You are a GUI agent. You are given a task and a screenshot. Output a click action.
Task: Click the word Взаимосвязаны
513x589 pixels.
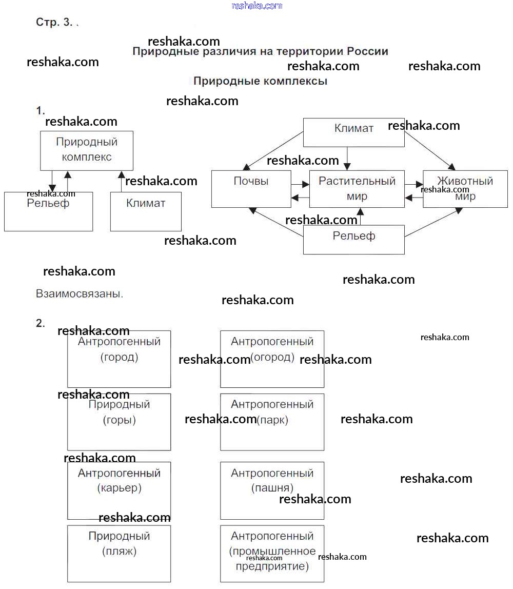(x=80, y=294)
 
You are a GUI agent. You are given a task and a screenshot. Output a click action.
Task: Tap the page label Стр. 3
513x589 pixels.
(x=54, y=22)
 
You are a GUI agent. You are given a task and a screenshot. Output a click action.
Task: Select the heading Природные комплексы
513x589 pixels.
(x=260, y=81)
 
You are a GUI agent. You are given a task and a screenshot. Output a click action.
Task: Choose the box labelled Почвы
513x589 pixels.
(x=251, y=188)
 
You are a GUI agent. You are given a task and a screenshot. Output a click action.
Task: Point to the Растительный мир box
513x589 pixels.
(x=357, y=188)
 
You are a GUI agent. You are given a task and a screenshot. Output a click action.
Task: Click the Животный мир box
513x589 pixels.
(x=465, y=188)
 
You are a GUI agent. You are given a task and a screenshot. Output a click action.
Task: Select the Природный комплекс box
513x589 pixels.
(x=86, y=150)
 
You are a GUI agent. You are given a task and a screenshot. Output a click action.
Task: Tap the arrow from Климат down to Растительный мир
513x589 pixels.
(x=348, y=158)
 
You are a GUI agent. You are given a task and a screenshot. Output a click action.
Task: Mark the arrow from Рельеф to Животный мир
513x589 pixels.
(x=431, y=223)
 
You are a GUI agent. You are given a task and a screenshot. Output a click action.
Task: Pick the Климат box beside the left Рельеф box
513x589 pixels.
(x=146, y=211)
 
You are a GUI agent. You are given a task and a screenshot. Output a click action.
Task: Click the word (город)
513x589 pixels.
(x=119, y=357)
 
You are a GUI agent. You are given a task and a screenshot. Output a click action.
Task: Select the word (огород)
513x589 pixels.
(x=272, y=357)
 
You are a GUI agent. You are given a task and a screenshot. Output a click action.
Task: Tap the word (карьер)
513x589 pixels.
(x=119, y=487)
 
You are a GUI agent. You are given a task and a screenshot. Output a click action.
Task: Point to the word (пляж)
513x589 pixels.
(x=119, y=552)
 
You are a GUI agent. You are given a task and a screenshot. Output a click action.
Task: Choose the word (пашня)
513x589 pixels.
(x=272, y=487)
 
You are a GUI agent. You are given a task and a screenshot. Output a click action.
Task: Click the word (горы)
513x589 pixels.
(x=119, y=420)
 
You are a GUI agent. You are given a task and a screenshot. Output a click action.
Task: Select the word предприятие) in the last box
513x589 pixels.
(x=272, y=566)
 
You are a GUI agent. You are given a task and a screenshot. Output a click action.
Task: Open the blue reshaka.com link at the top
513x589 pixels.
(x=257, y=6)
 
